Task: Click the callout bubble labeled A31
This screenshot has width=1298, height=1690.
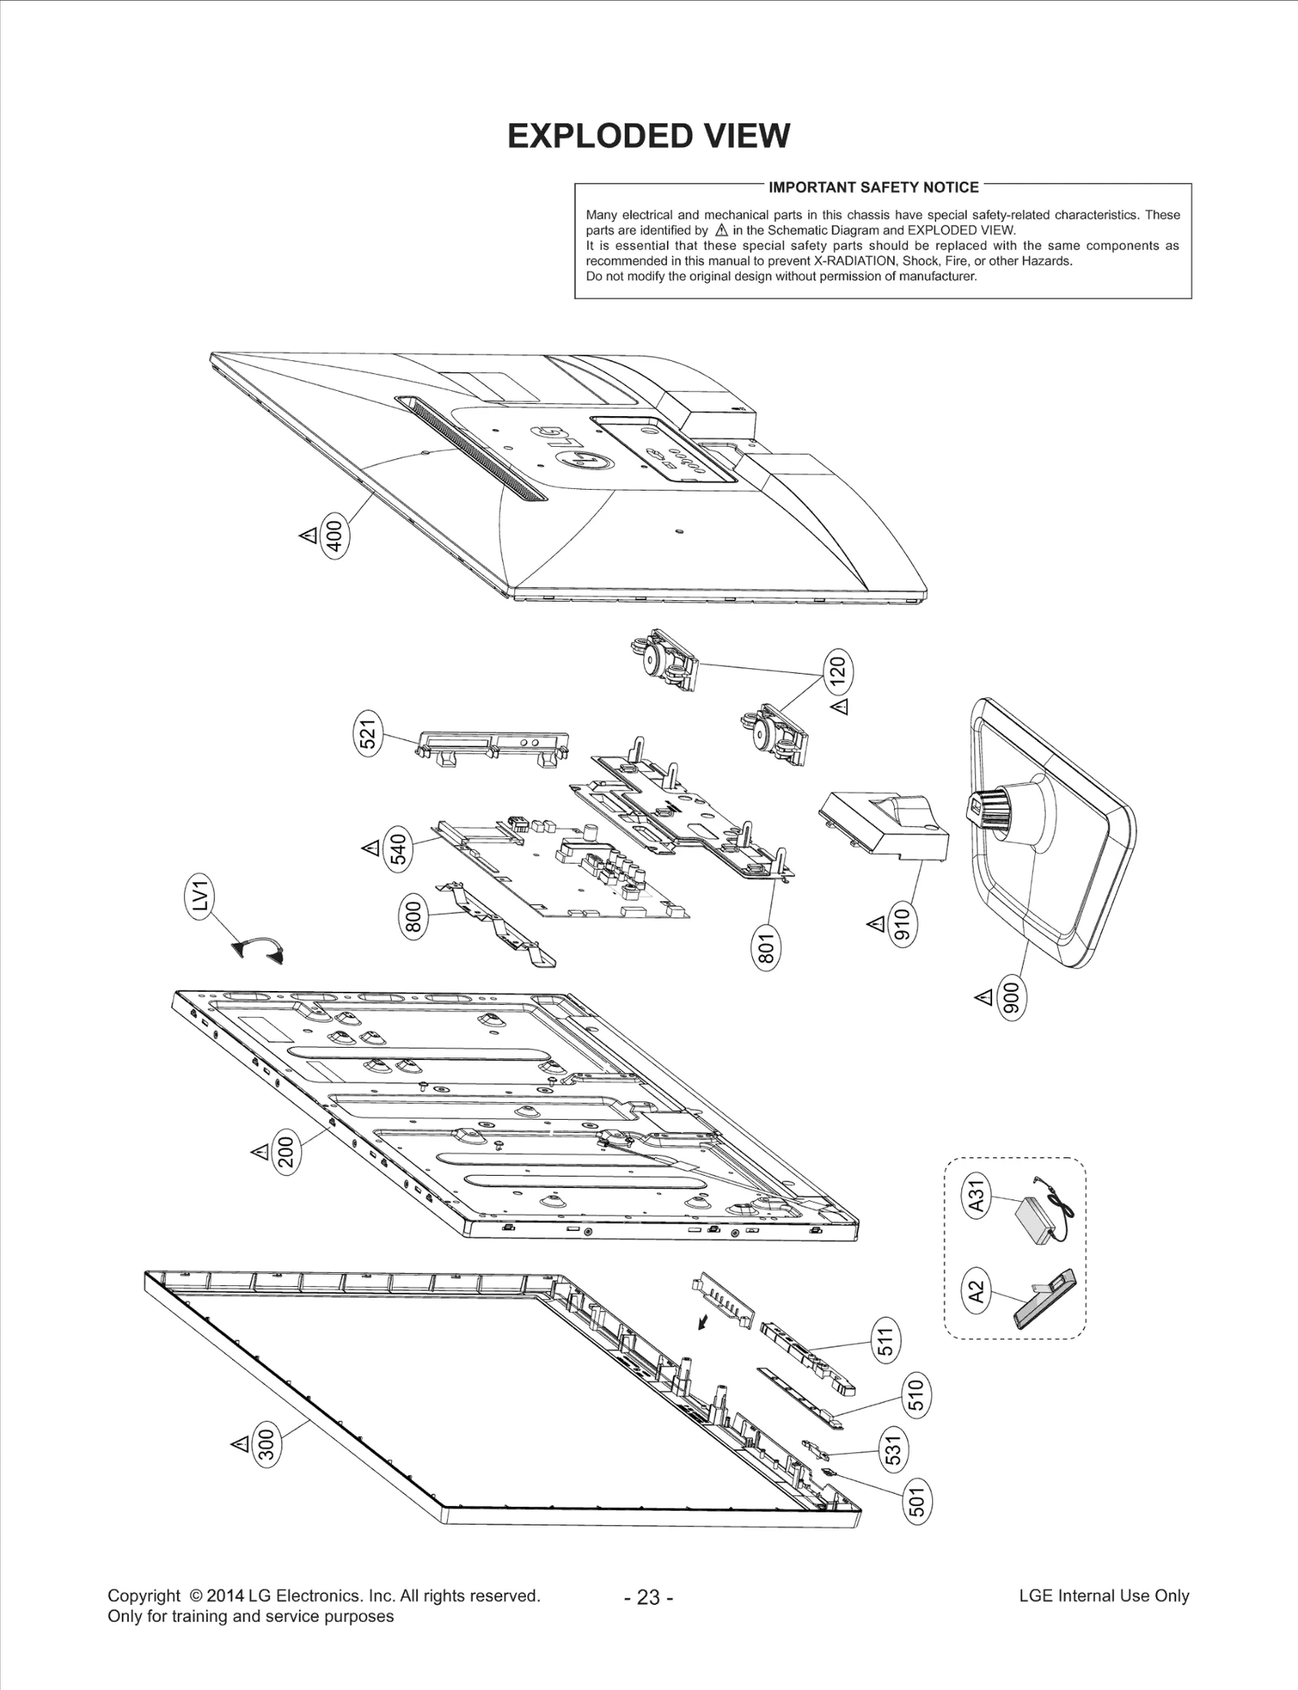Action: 978,1195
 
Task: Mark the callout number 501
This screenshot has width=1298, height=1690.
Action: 916,1500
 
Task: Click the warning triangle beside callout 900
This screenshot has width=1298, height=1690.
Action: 984,997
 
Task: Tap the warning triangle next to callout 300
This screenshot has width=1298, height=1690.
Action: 239,1443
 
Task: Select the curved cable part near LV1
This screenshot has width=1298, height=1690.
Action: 259,949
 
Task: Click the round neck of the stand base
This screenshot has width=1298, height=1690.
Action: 1004,806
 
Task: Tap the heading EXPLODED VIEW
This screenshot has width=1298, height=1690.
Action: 648,136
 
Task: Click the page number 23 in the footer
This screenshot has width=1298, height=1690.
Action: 648,1598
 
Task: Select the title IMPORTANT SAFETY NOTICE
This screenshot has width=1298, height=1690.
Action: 874,187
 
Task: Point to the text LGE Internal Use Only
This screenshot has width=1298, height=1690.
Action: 1103,1596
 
